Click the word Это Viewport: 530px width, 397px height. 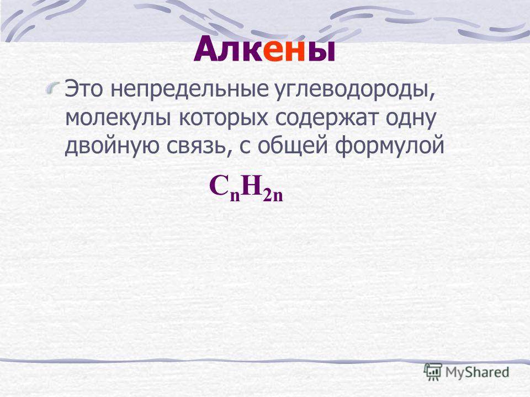[83, 89]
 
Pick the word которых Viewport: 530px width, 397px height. [224, 119]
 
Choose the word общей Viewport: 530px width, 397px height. [293, 147]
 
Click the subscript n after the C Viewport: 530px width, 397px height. [235, 196]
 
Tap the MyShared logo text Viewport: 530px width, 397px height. [477, 372]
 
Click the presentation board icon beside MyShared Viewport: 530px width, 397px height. [433, 372]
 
